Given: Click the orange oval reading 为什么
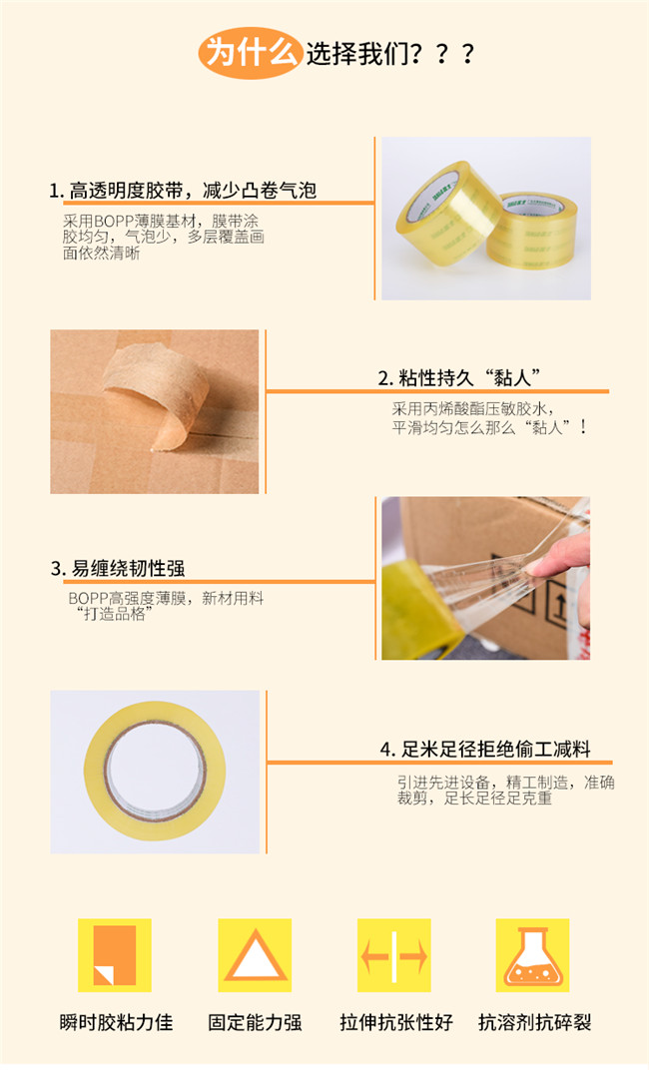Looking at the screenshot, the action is coord(250,53).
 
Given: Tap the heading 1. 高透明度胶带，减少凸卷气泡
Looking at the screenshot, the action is coord(183,191).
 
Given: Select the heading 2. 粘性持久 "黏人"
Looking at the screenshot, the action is coord(459,377).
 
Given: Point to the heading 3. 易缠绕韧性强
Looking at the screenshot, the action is coord(118,569).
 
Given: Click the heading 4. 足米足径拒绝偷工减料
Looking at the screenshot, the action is coord(485,749).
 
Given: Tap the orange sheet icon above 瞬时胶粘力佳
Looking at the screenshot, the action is coord(114,954).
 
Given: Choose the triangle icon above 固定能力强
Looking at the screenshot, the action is coord(255,954).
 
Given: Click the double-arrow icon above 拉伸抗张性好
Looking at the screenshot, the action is coord(394,954).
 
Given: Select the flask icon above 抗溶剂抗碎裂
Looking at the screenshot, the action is coord(532,954).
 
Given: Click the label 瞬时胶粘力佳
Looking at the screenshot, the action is coord(116,1022).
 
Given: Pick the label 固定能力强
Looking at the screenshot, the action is coord(255,1022).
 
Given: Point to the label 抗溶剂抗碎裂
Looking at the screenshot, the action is coord(534,1022).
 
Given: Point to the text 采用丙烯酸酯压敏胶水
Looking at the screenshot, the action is coord(469,409).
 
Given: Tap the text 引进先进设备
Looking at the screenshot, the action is coord(443,782).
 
